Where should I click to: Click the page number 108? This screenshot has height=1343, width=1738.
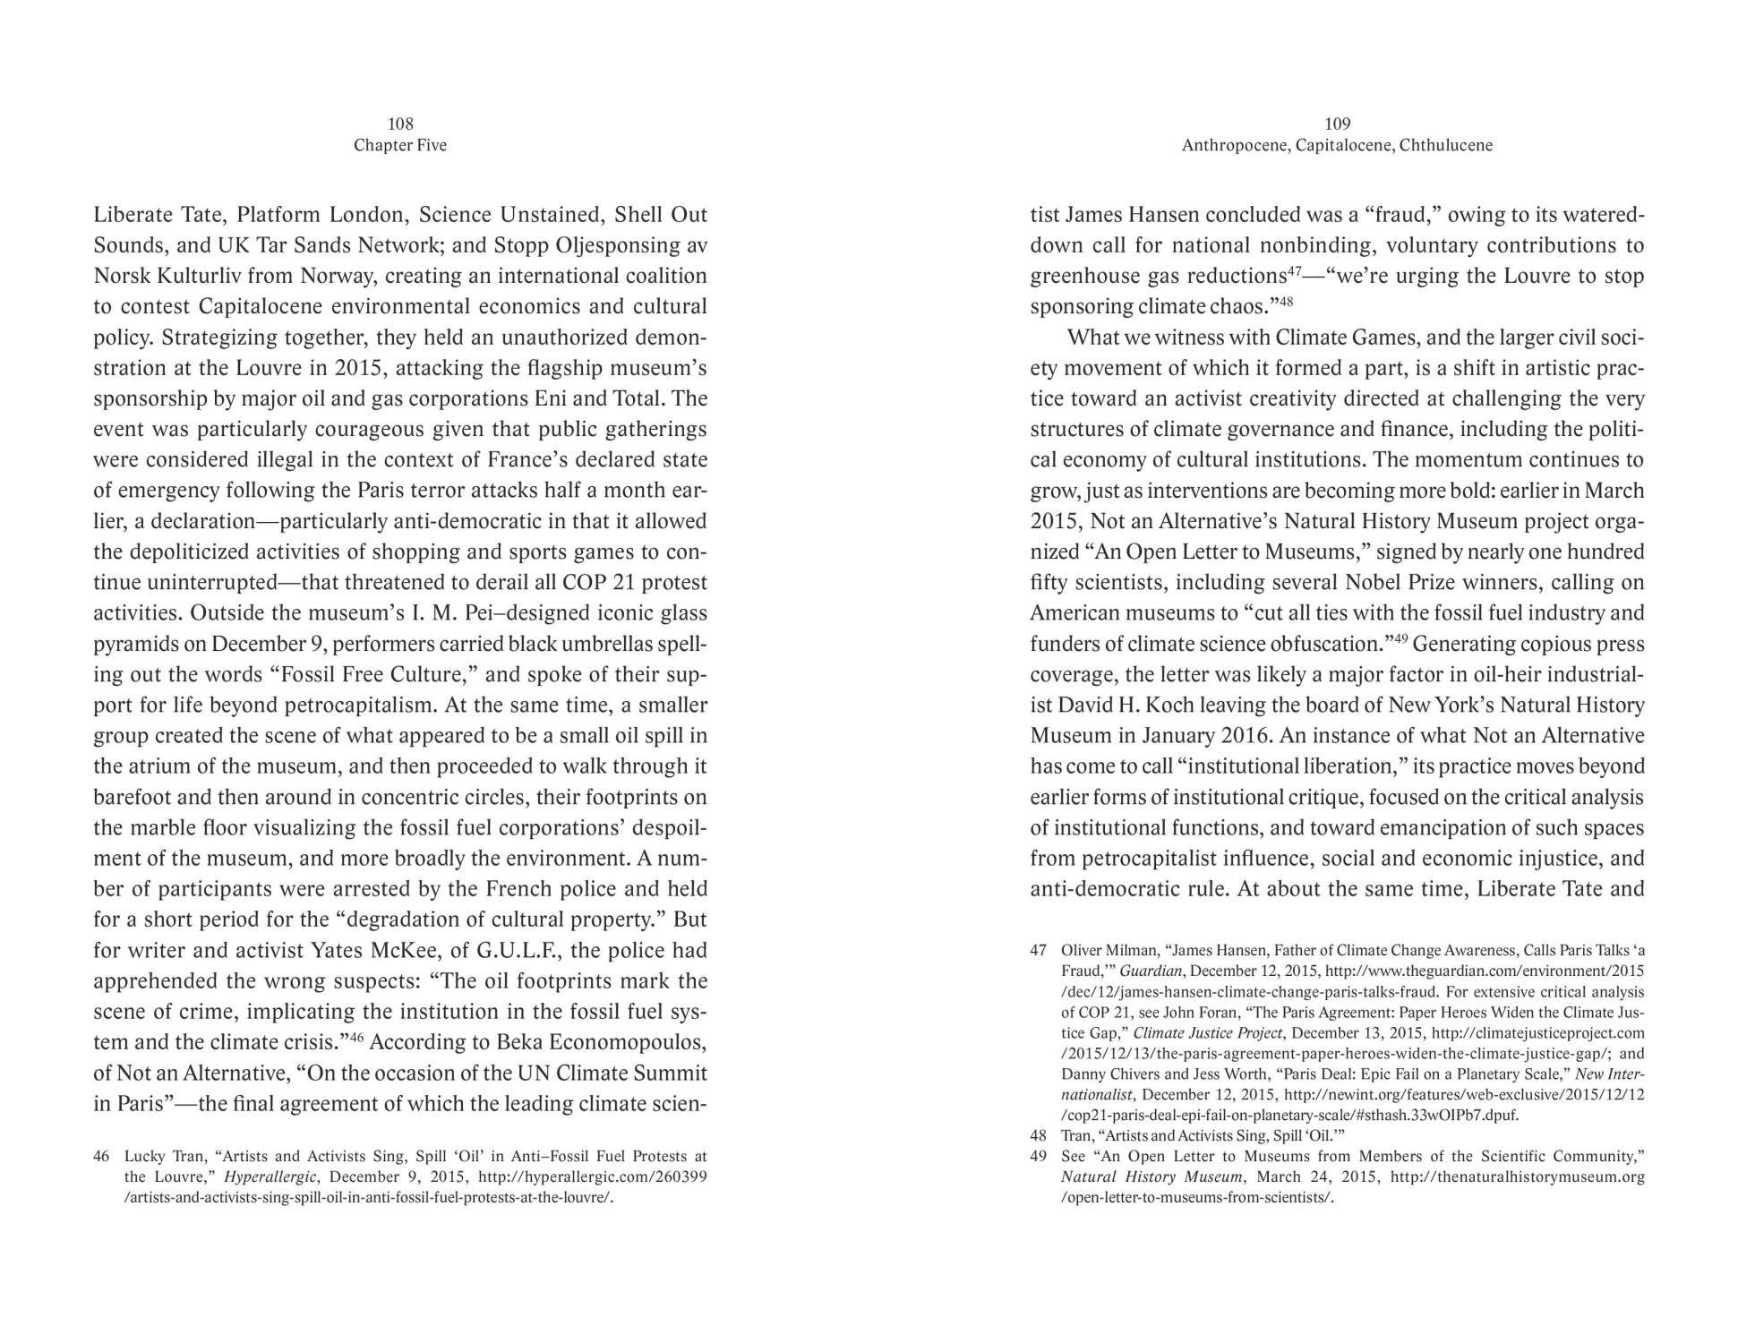tap(400, 124)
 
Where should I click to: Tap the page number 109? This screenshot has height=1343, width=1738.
tap(1337, 124)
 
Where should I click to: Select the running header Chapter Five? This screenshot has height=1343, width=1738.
tap(400, 145)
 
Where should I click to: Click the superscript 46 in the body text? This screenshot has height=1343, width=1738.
tap(355, 1037)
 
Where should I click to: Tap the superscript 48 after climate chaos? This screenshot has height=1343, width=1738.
tap(1286, 302)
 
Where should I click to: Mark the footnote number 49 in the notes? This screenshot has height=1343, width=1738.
tap(1039, 1156)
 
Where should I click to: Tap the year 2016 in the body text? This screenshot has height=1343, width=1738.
tap(1245, 736)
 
